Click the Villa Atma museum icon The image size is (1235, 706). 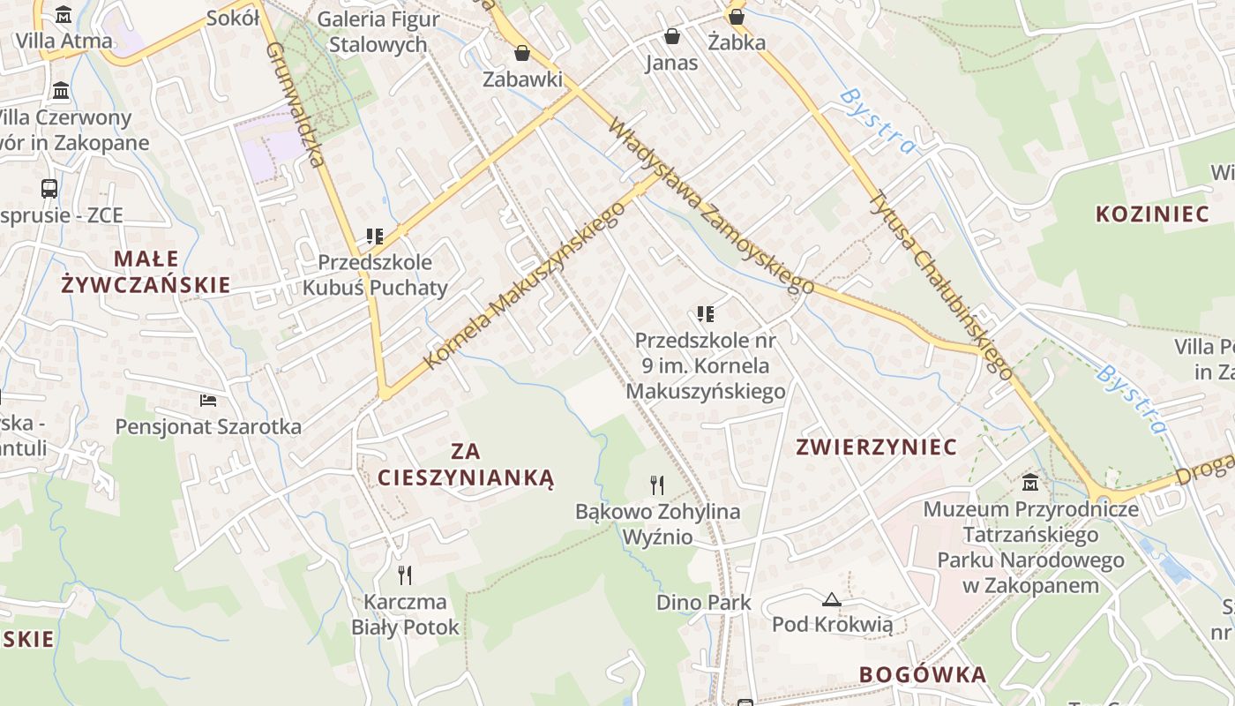pyautogui.click(x=64, y=15)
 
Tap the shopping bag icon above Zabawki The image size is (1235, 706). pyautogui.click(x=522, y=53)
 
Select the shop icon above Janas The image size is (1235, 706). pyautogui.click(x=672, y=36)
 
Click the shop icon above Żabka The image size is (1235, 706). pyautogui.click(x=737, y=17)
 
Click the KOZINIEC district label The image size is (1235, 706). pyautogui.click(x=1151, y=214)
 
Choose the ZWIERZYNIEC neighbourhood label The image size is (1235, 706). pyautogui.click(x=876, y=447)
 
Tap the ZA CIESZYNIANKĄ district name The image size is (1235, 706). pyautogui.click(x=465, y=465)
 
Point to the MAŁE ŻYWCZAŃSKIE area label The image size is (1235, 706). pyautogui.click(x=146, y=272)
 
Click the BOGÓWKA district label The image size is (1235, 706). pyautogui.click(x=922, y=675)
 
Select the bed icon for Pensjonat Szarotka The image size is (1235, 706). pyautogui.click(x=208, y=402)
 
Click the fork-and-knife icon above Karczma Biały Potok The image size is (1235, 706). pyautogui.click(x=405, y=575)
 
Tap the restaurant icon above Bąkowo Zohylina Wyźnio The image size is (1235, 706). pyautogui.click(x=657, y=484)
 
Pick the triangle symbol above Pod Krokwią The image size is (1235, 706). pyautogui.click(x=831, y=600)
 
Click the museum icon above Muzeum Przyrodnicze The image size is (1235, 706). pyautogui.click(x=1030, y=482)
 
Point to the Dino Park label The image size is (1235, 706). pyautogui.click(x=704, y=603)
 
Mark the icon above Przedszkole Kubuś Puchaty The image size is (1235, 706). pyautogui.click(x=375, y=237)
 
